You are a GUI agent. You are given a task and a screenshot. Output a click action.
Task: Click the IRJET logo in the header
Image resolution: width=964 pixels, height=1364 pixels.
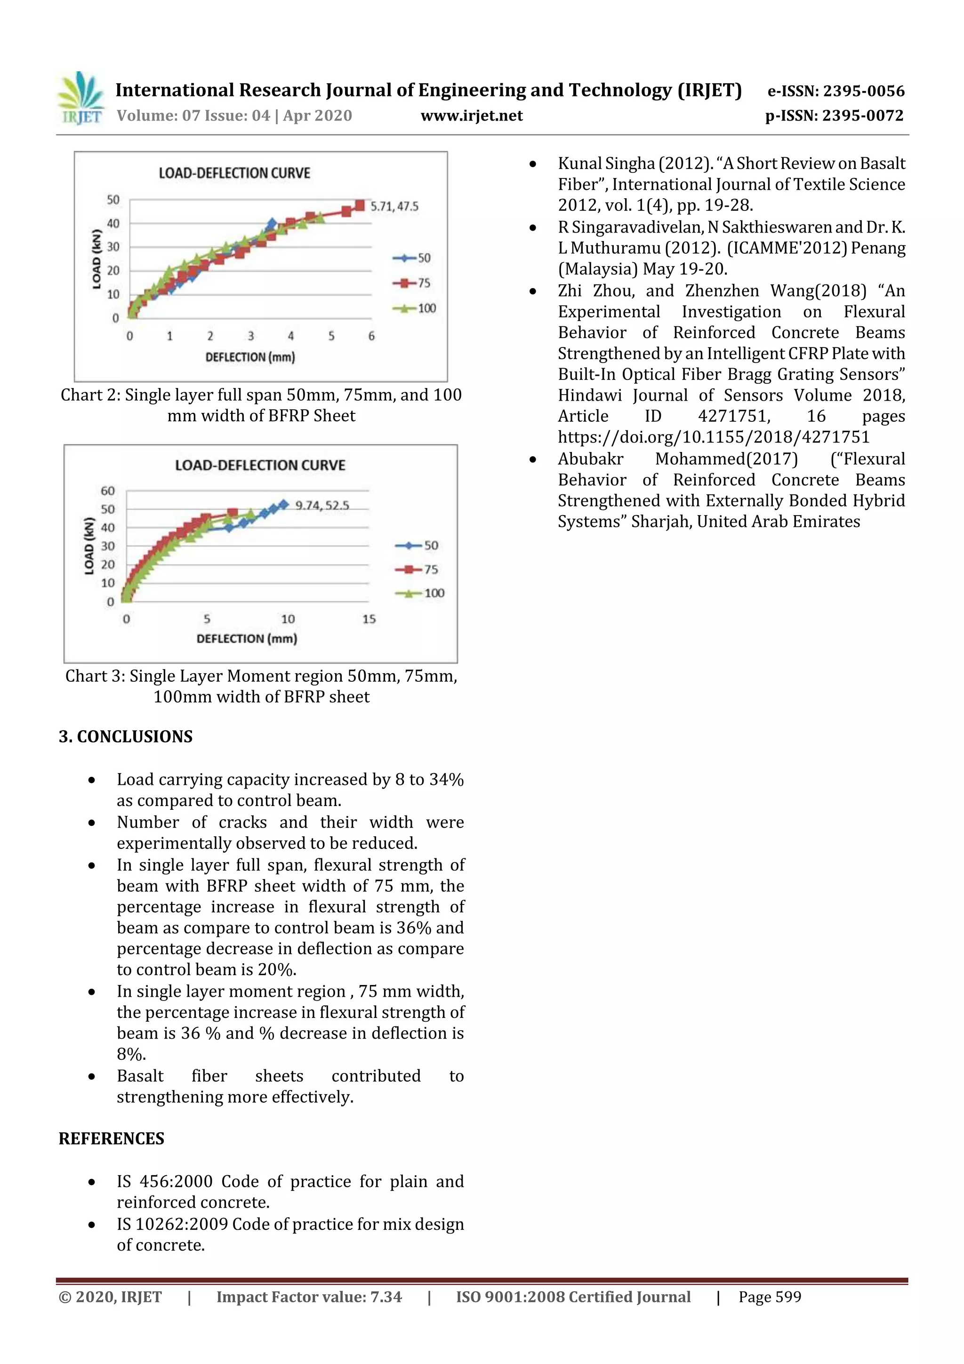81,98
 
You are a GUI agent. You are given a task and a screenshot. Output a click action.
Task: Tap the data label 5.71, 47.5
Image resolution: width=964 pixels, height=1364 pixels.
394,206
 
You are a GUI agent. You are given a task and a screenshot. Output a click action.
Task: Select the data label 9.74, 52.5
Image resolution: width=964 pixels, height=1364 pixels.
322,506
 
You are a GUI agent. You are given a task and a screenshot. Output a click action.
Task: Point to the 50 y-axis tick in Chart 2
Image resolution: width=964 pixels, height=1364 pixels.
113,200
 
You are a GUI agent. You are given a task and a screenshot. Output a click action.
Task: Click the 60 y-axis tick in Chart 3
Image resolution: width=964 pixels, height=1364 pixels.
107,491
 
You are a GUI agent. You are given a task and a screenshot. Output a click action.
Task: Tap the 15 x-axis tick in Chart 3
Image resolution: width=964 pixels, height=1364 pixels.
369,619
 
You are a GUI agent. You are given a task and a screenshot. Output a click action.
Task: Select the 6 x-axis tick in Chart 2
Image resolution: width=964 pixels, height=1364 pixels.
371,336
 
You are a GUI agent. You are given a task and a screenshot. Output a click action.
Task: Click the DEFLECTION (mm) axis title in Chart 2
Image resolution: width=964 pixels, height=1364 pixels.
250,357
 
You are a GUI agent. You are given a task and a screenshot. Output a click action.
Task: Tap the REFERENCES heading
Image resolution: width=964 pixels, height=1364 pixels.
111,1138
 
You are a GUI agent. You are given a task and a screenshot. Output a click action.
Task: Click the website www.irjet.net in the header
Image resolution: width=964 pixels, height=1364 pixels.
472,116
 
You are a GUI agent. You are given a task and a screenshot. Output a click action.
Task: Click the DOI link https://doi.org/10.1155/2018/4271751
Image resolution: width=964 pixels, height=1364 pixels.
713,437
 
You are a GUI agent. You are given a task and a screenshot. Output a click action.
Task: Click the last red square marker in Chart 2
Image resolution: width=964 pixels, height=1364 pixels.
359,206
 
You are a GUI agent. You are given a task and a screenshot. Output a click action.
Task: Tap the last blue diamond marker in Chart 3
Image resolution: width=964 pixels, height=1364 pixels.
284,504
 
